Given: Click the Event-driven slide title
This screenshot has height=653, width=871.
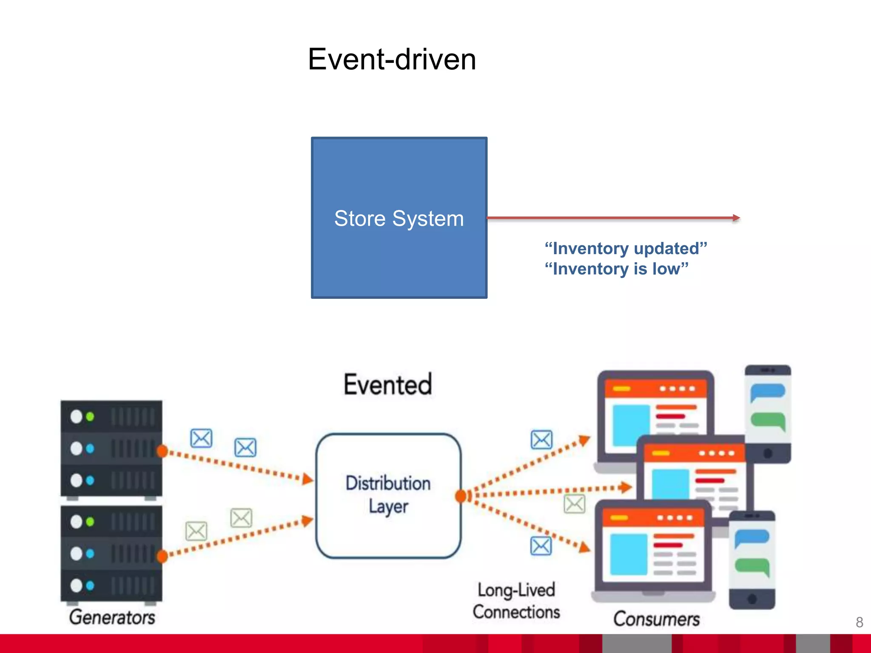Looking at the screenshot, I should pyautogui.click(x=392, y=59).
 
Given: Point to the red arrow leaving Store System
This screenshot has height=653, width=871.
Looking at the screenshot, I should pyautogui.click(x=612, y=218).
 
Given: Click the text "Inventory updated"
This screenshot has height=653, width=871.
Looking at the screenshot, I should pyautogui.click(x=626, y=248).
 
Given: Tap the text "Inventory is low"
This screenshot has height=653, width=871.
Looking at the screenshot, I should pyautogui.click(x=616, y=269).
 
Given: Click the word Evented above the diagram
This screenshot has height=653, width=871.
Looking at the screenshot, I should pyautogui.click(x=387, y=384).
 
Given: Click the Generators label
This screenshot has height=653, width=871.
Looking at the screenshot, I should pyautogui.click(x=112, y=617).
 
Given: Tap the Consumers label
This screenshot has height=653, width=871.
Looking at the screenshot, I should pyautogui.click(x=656, y=619).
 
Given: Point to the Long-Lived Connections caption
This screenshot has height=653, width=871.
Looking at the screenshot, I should pyautogui.click(x=516, y=601).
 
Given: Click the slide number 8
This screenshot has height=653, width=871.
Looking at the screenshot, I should pyautogui.click(x=859, y=622).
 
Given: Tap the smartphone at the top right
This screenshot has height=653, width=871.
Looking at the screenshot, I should pyautogui.click(x=768, y=413).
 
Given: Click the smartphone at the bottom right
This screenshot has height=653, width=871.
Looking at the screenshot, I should pyautogui.click(x=752, y=559).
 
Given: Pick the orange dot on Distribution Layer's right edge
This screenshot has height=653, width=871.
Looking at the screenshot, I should pyautogui.click(x=461, y=496).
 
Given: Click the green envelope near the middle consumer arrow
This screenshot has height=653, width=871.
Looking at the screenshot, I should pyautogui.click(x=574, y=504).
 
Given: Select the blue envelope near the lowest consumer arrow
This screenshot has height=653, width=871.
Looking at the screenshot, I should pyautogui.click(x=541, y=546).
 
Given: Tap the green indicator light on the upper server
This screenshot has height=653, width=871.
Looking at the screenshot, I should pyautogui.click(x=90, y=417).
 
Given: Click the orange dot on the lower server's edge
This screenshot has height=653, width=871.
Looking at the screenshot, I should pyautogui.click(x=162, y=556).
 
